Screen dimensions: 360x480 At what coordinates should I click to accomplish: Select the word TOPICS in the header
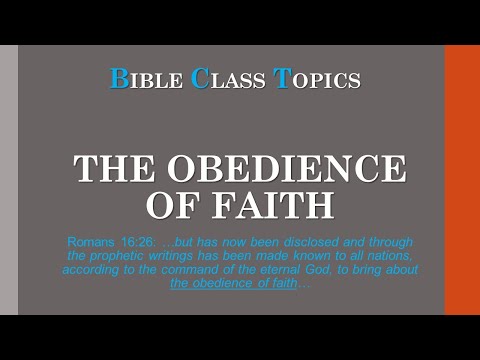315,80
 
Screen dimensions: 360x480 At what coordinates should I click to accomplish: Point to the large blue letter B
119,80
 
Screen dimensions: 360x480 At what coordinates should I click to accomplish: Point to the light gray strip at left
8,180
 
